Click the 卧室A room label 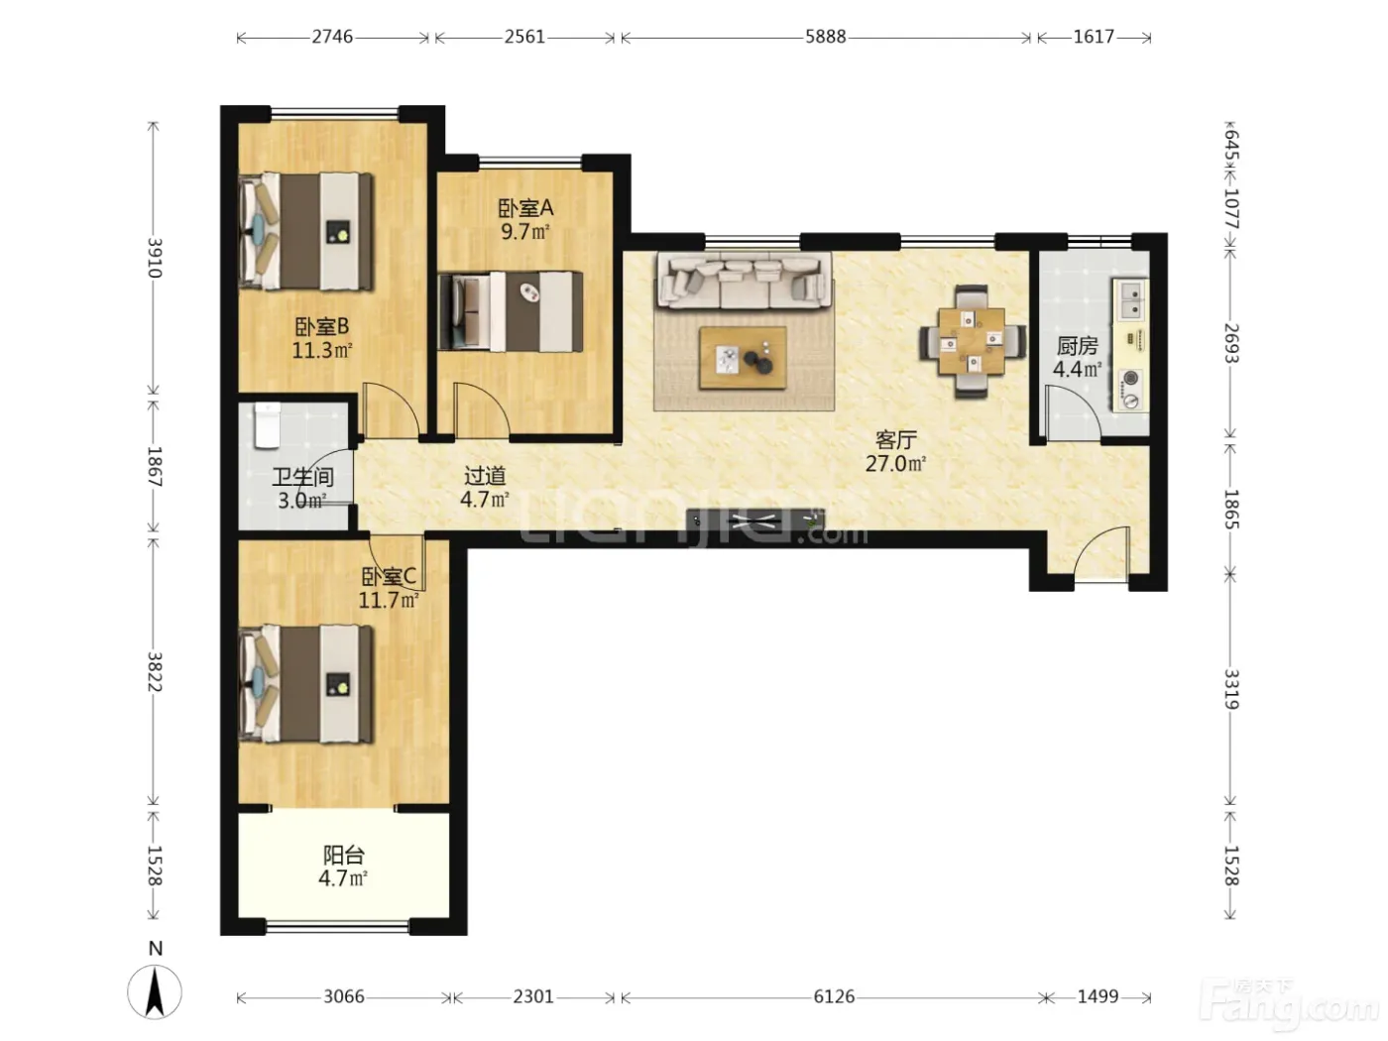[525, 207]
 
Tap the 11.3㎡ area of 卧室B [322, 350]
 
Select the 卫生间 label [303, 477]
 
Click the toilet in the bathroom [267, 425]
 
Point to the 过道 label [485, 476]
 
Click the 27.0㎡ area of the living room [895, 464]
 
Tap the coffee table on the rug [743, 358]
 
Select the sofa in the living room [744, 281]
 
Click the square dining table [972, 341]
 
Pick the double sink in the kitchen [1132, 300]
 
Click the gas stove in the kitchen [1130, 390]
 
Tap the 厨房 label [1077, 346]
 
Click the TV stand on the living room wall [755, 520]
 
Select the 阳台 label [343, 856]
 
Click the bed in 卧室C [306, 683]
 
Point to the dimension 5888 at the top [825, 37]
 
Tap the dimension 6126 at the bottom [834, 996]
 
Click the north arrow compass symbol [155, 991]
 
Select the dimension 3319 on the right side [1230, 690]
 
